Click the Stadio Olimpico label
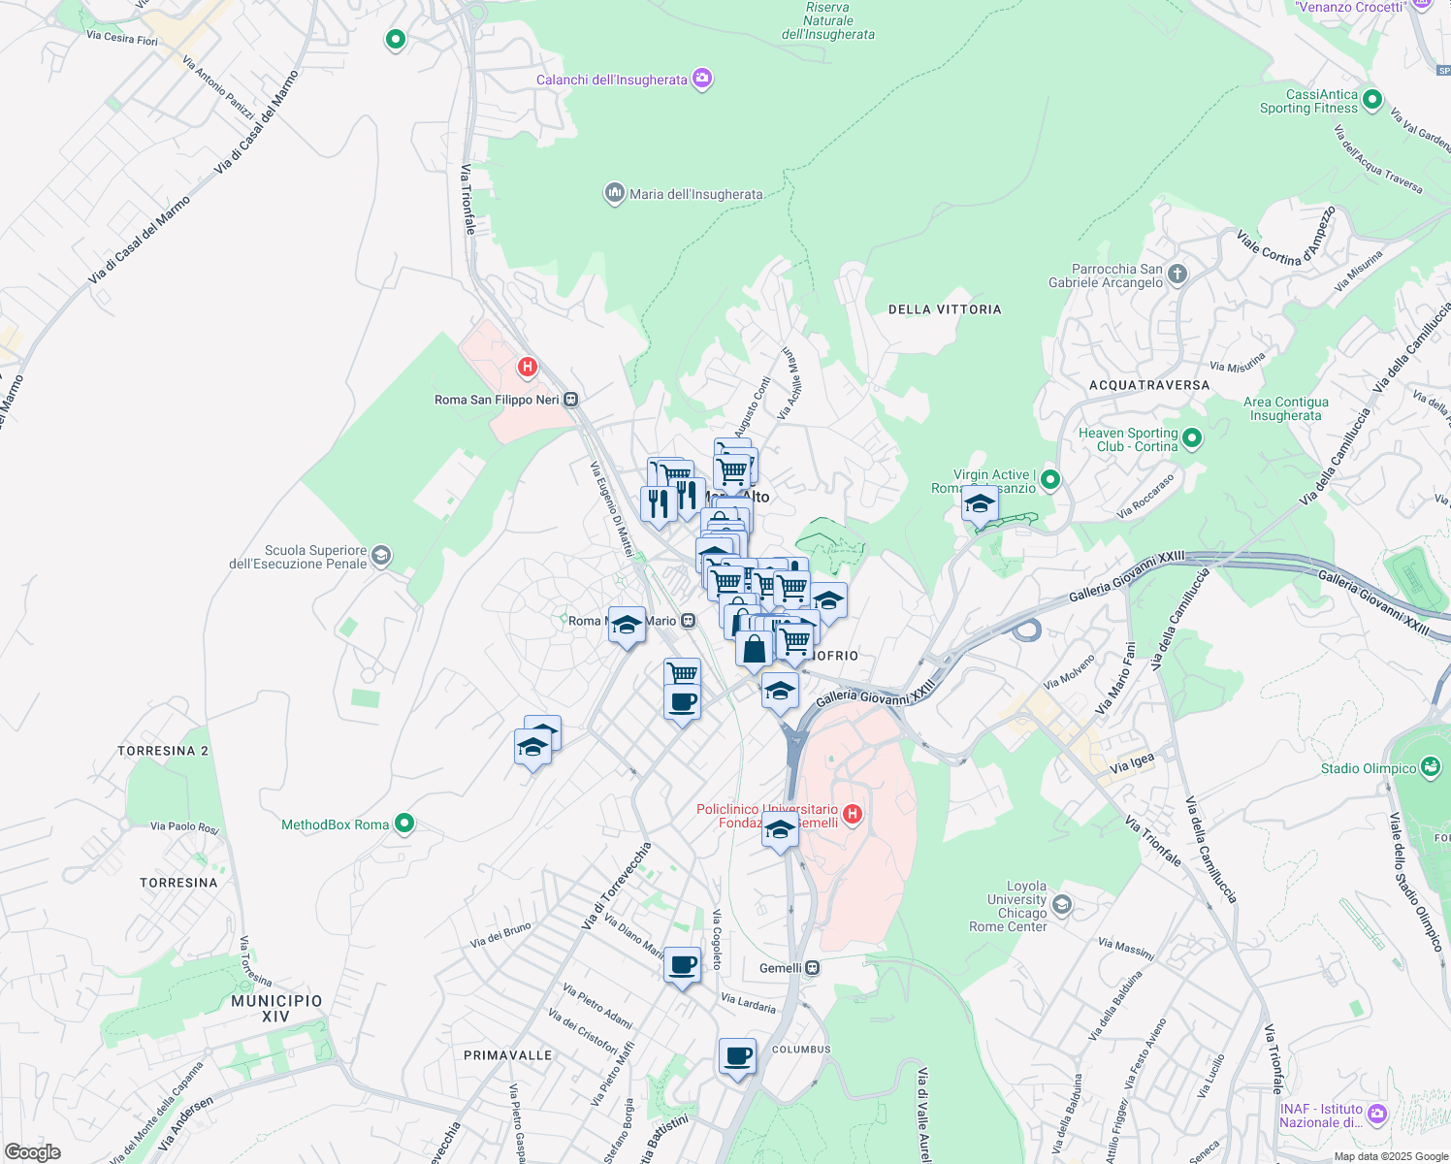(1369, 768)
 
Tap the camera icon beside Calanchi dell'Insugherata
(703, 80)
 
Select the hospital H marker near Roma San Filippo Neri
(527, 367)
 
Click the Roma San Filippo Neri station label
(497, 400)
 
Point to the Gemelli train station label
(781, 968)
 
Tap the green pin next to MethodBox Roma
(404, 824)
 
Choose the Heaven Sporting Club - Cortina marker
(1192, 438)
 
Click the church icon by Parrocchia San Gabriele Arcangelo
(1177, 275)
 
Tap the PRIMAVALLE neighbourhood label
(507, 1055)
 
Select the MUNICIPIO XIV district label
(276, 1008)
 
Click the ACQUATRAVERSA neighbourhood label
(1149, 385)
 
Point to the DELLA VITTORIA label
(945, 309)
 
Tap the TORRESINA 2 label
(163, 751)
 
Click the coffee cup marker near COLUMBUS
(737, 1055)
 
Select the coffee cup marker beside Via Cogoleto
(682, 965)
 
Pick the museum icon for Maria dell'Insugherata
(614, 194)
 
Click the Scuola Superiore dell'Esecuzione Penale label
(299, 557)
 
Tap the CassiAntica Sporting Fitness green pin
(1371, 99)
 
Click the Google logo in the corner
(33, 1151)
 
